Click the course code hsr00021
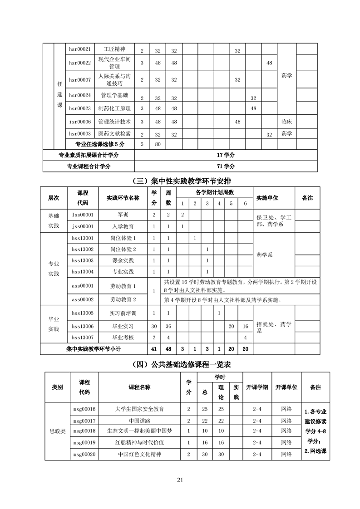pyautogui.click(x=80, y=49)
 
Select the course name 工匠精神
pyautogui.click(x=115, y=49)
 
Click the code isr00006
pyautogui.click(x=80, y=122)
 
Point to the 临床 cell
pyautogui.click(x=286, y=122)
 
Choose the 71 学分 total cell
pyautogui.click(x=226, y=166)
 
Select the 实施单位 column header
pyautogui.click(x=268, y=198)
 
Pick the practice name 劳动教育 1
pyautogui.click(x=123, y=286)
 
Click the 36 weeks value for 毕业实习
pyautogui.click(x=168, y=326)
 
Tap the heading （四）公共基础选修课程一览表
pyautogui.click(x=180, y=364)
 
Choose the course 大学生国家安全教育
pyautogui.click(x=139, y=409)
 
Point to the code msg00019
pyautogui.click(x=84, y=442)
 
